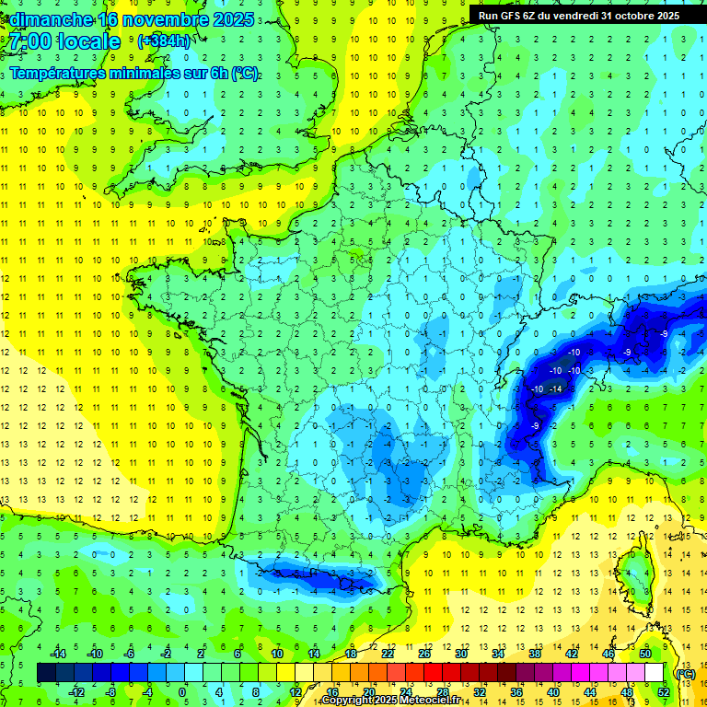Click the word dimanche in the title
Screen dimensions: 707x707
[x=51, y=19]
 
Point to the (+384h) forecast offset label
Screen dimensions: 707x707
[x=164, y=41]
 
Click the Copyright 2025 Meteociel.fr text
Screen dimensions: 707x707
[x=389, y=701]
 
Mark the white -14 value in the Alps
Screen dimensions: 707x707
[x=556, y=389]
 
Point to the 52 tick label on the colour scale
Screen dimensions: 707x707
[x=664, y=691]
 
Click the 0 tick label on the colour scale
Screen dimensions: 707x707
[x=182, y=691]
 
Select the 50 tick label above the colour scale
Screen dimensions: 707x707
[x=645, y=654]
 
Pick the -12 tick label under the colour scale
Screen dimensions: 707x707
[x=76, y=691]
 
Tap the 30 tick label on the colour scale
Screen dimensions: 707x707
[x=460, y=654]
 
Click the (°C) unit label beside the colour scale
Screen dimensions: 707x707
[x=685, y=673]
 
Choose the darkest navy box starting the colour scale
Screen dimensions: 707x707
[x=46, y=673]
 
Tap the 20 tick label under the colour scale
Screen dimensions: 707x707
[x=368, y=691]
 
